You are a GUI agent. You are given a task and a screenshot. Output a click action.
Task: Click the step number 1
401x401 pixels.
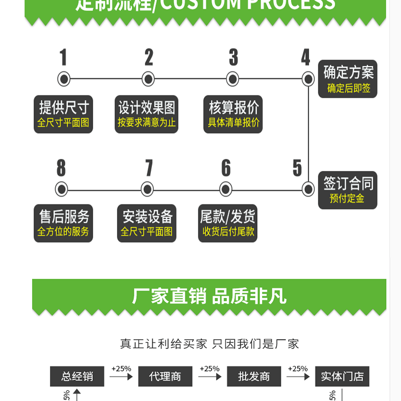63,58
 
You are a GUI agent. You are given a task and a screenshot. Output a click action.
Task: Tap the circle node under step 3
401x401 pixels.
232,79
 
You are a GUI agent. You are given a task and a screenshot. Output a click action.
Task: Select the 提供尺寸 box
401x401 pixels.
64,114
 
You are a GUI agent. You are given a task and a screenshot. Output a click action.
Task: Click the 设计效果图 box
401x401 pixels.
147,114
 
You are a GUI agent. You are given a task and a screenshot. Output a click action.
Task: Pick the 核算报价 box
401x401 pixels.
234,114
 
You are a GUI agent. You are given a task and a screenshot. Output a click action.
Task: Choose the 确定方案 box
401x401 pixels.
348,79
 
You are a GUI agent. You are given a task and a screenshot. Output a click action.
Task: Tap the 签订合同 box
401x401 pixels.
348,190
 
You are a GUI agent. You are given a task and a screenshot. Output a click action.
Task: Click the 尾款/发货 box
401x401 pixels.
228,223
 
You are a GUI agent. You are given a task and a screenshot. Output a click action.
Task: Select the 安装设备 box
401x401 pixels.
147,223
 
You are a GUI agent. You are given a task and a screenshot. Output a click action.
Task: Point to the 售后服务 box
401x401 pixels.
64,223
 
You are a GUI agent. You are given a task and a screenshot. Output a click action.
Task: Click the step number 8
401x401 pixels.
61,168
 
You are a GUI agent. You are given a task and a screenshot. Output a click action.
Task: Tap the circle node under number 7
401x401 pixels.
147,189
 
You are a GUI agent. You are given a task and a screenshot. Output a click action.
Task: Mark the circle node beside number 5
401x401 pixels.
308,189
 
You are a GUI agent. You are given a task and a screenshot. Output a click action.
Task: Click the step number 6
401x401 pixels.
226,168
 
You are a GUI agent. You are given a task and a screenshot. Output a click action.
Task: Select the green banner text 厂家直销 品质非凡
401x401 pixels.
209,296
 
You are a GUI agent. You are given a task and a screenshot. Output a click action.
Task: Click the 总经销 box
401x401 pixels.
77,376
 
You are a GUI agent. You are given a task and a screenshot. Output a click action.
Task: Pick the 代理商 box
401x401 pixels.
165,376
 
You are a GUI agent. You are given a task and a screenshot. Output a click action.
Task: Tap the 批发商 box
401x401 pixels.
254,376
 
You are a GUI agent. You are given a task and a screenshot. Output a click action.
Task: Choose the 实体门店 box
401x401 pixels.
342,376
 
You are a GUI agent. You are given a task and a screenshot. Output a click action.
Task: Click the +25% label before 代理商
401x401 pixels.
121,369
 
